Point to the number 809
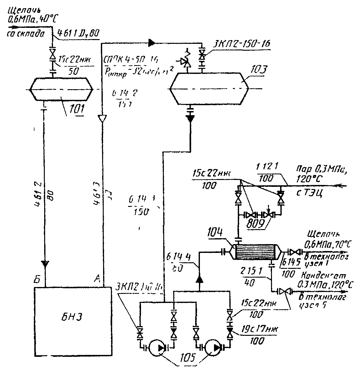click(256, 224)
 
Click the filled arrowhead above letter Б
click(46, 264)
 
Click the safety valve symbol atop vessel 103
click(187, 62)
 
